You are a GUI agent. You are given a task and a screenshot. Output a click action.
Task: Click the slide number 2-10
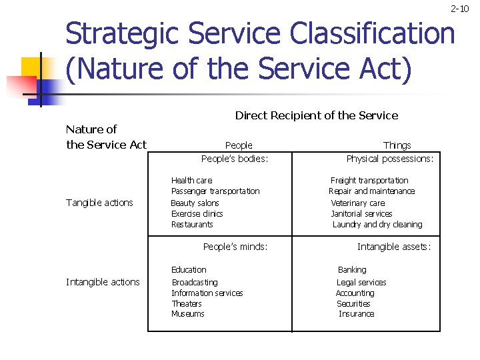tap(459, 9)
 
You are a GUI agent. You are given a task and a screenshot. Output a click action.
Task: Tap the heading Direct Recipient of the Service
tap(316, 115)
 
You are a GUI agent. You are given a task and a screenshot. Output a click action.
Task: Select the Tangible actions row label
tap(99, 203)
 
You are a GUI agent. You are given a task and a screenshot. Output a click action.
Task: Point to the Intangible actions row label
tap(103, 282)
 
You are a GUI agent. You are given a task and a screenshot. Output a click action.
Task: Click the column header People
tap(239, 145)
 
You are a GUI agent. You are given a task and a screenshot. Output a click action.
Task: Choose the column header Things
tap(397, 145)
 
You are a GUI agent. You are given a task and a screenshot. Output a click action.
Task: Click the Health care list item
tap(191, 180)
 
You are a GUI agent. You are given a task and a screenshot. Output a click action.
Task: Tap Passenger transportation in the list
tap(215, 191)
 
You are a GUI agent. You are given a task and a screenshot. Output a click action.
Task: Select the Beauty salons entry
tap(195, 203)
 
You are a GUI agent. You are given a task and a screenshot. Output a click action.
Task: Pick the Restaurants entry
tap(192, 225)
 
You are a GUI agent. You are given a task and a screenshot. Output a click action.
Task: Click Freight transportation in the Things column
tap(369, 180)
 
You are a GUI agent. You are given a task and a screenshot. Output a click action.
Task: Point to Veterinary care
tap(358, 203)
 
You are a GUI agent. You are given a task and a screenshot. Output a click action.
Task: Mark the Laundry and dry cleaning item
tap(377, 225)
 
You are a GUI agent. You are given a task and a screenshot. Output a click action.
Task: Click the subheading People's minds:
tap(235, 247)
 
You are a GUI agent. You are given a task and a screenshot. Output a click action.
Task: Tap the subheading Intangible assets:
tap(394, 247)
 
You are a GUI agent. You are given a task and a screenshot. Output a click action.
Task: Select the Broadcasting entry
tap(195, 283)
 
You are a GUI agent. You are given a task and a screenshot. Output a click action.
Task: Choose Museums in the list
tap(188, 314)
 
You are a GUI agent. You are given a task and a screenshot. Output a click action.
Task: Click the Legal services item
tap(361, 283)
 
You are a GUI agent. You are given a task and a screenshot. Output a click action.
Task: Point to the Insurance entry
tap(357, 314)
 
